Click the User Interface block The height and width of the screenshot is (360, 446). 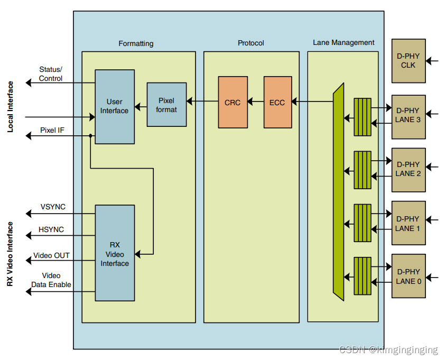(114, 106)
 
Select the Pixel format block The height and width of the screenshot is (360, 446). (166, 105)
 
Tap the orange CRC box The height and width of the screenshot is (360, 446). (233, 102)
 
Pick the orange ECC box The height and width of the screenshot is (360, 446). (277, 102)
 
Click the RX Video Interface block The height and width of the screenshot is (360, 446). (115, 253)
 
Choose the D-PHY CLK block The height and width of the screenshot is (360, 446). (408, 61)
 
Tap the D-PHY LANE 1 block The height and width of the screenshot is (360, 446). (408, 223)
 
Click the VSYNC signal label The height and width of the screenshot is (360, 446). (53, 207)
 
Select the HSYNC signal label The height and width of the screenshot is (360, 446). (52, 229)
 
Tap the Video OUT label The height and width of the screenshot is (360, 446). (52, 255)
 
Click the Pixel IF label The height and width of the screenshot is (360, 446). (52, 130)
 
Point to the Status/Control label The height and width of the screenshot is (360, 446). (51, 74)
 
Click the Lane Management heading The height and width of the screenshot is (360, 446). (343, 42)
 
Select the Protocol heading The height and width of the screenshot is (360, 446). (251, 43)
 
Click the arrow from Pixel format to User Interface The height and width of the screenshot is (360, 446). (141, 107)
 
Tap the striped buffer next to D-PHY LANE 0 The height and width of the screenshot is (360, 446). (363, 275)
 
